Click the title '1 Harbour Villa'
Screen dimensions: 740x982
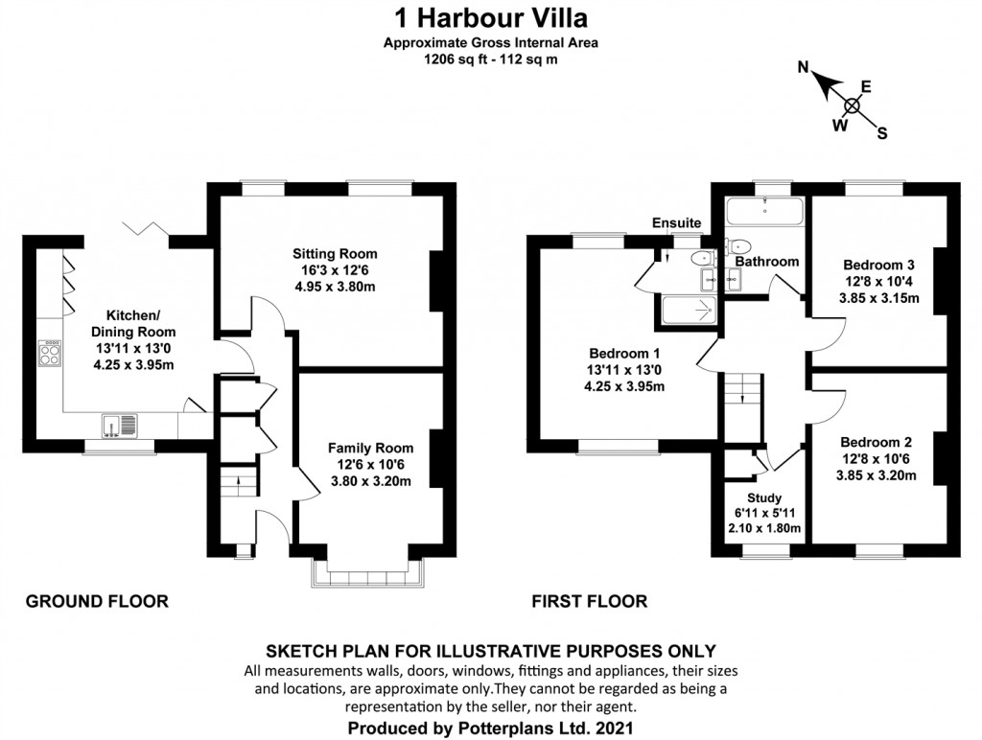pyautogui.click(x=490, y=16)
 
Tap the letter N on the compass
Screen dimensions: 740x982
pyautogui.click(x=806, y=67)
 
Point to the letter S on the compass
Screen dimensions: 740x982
pyautogui.click(x=882, y=133)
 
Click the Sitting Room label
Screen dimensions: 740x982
pyautogui.click(x=335, y=254)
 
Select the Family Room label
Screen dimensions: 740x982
pyautogui.click(x=370, y=448)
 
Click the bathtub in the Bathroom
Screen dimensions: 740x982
pyautogui.click(x=764, y=211)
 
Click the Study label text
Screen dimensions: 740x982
pyautogui.click(x=764, y=498)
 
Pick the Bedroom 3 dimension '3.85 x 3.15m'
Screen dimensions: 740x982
pyautogui.click(x=878, y=297)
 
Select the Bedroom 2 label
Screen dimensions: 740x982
pyautogui.click(x=877, y=442)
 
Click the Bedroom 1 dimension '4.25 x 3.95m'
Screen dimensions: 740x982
pyautogui.click(x=624, y=386)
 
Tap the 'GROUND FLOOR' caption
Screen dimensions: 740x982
pyautogui.click(x=97, y=602)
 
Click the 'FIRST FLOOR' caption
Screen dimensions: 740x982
pyautogui.click(x=589, y=602)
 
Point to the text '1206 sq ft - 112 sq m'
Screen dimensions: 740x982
pyautogui.click(x=490, y=58)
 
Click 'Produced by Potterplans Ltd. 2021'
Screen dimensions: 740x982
pyautogui.click(x=490, y=728)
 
